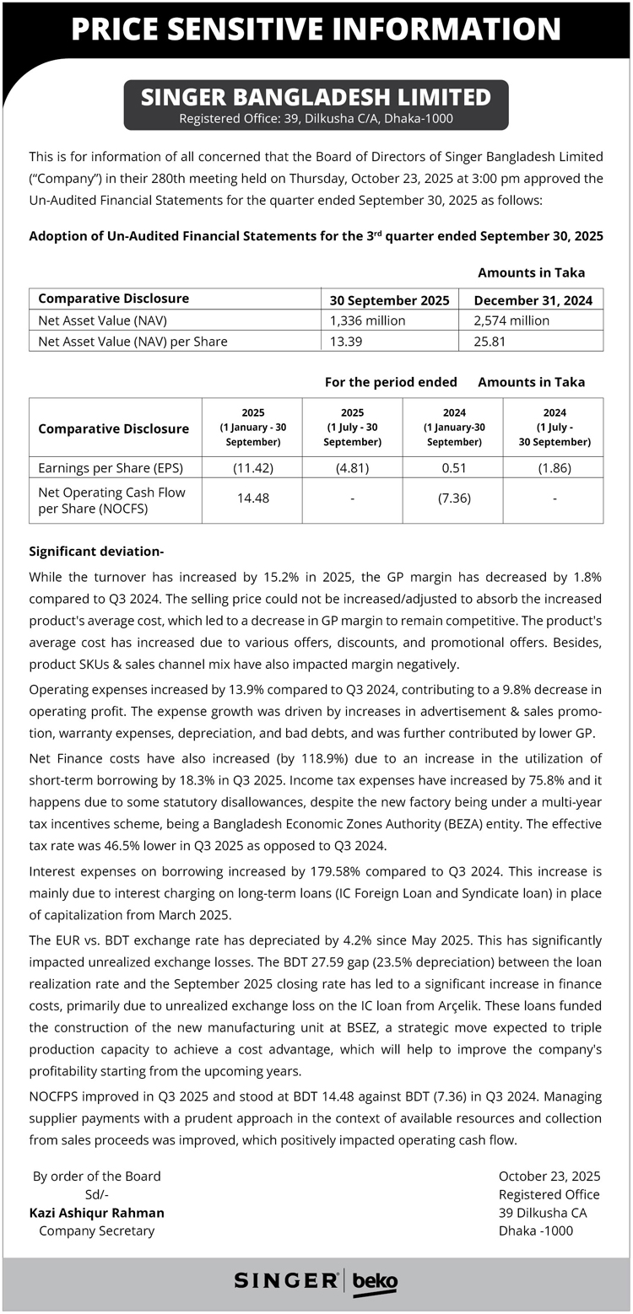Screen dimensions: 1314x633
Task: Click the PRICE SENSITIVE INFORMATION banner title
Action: pyautogui.click(x=316, y=30)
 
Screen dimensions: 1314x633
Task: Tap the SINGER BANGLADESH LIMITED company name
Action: pyautogui.click(x=316, y=97)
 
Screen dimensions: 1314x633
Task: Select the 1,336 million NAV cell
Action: pyautogui.click(x=368, y=320)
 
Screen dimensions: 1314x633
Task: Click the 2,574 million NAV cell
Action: pyautogui.click(x=511, y=320)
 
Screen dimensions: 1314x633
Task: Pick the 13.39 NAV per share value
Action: pyautogui.click(x=346, y=342)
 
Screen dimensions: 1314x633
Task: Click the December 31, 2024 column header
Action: pyautogui.click(x=533, y=299)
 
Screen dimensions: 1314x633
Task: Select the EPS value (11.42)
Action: pyautogui.click(x=252, y=468)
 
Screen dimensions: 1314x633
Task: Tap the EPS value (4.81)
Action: pyautogui.click(x=352, y=468)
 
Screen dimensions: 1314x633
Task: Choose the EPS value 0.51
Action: pyautogui.click(x=453, y=468)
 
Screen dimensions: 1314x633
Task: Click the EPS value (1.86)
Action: pyautogui.click(x=554, y=468)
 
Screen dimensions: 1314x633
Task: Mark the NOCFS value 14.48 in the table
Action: pyautogui.click(x=252, y=498)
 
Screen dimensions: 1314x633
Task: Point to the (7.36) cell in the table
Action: pyautogui.click(x=453, y=498)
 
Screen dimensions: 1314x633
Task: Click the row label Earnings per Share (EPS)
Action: pyautogui.click(x=110, y=468)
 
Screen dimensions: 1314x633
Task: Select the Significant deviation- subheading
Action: pyautogui.click(x=96, y=552)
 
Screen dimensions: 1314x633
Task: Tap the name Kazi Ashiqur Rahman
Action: pyautogui.click(x=97, y=1213)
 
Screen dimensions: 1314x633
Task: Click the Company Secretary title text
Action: pyautogui.click(x=97, y=1231)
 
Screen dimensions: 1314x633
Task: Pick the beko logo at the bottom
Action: pyautogui.click(x=375, y=1281)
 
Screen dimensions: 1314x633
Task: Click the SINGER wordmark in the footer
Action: pyautogui.click(x=285, y=1280)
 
